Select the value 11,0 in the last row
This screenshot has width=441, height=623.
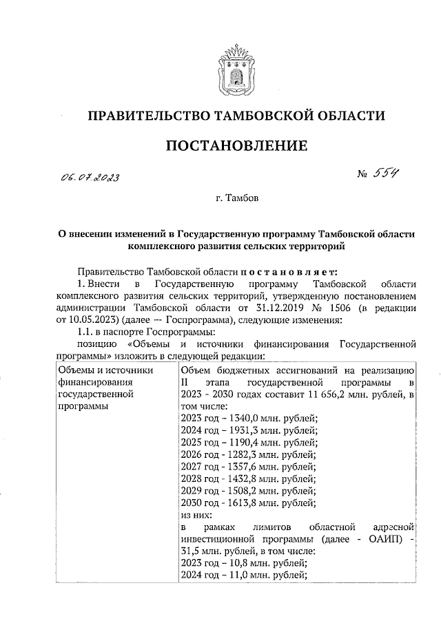[240, 576]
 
